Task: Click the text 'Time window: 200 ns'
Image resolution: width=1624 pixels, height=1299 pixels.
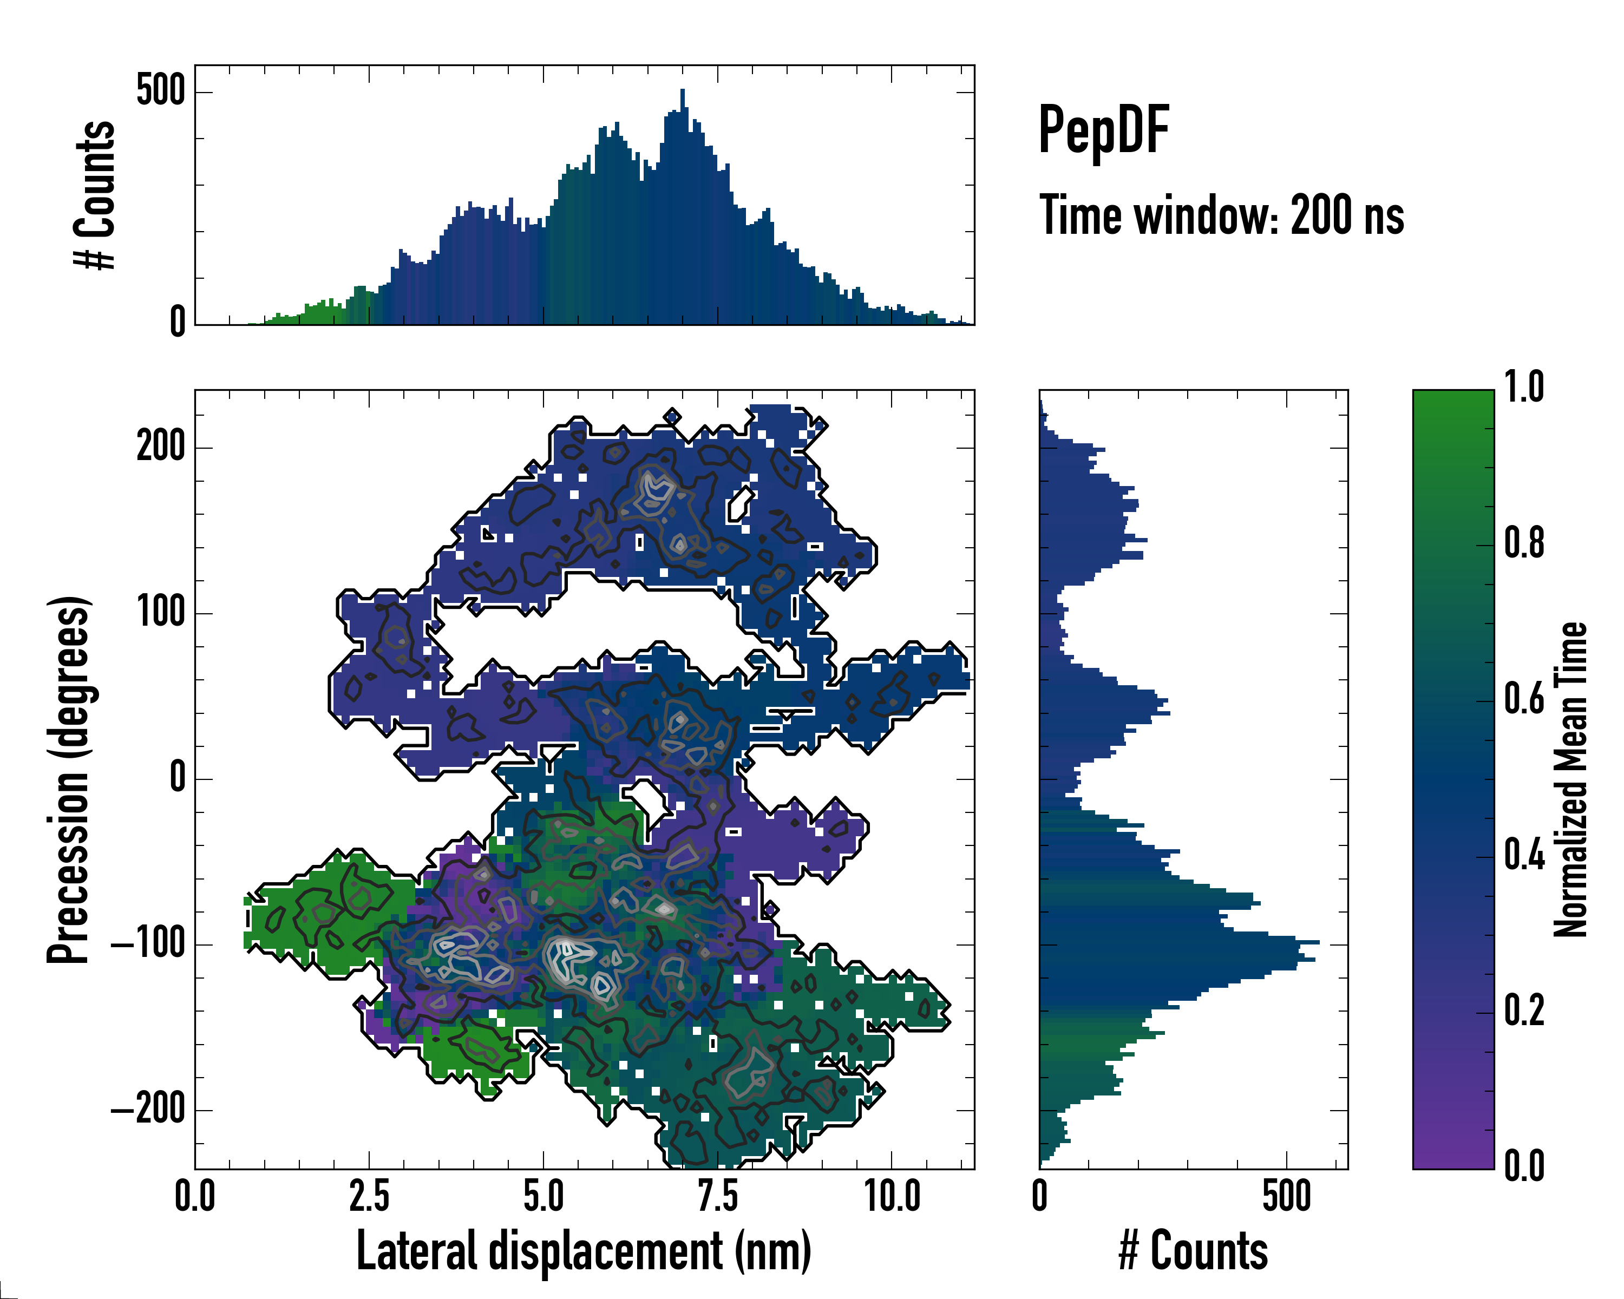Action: click(x=1221, y=215)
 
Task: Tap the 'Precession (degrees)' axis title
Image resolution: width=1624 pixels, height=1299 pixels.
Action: click(x=69, y=779)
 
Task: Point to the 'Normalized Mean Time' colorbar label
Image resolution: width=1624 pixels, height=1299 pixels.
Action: click(x=1570, y=779)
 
